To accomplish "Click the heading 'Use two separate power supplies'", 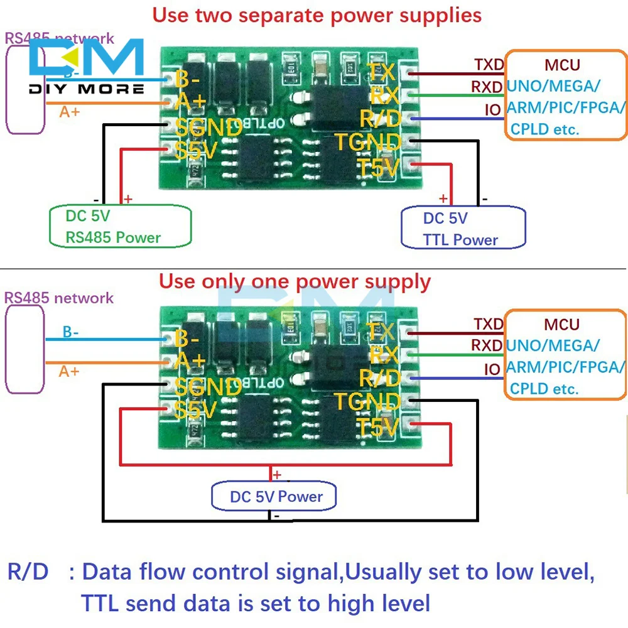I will [x=317, y=14].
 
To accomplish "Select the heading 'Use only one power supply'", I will [x=295, y=281].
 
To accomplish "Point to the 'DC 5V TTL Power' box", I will [x=462, y=229].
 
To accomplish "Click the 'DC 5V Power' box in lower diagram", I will [x=275, y=497].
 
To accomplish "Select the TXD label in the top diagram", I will [x=488, y=65].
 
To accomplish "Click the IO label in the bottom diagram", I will [x=492, y=369].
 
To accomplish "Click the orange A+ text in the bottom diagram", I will [x=69, y=371].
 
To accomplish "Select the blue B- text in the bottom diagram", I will [x=70, y=332].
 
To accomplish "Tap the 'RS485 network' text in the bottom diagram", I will [x=59, y=298].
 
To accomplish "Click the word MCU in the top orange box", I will [x=562, y=64].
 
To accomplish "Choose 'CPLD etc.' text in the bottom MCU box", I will [x=544, y=389].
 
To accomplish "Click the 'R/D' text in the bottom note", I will [x=28, y=572].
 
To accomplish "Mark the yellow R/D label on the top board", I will [x=380, y=118].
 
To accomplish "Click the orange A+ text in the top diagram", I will [x=69, y=112].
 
